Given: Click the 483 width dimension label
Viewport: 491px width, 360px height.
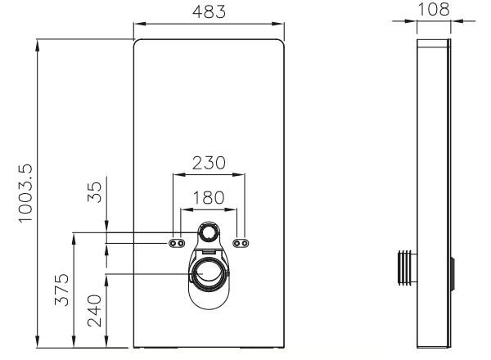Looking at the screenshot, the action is tap(209, 12).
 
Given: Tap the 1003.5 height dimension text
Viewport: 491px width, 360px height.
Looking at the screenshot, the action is tap(25, 193).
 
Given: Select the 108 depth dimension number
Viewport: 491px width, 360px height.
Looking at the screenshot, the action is tap(434, 9).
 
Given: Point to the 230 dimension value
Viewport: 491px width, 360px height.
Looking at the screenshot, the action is tap(209, 163).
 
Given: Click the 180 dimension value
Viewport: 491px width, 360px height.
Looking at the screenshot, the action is tap(209, 198).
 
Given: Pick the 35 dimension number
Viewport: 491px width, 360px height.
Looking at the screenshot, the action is tap(95, 192).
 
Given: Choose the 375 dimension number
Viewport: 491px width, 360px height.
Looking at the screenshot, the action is tap(61, 290).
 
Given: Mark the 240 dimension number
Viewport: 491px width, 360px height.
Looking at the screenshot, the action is tap(95, 311).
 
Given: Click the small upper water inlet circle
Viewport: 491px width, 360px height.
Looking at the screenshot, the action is tap(208, 232).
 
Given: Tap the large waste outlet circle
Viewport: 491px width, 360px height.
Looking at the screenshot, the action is tap(208, 274).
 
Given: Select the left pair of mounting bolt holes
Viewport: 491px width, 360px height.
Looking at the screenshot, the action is tap(177, 243).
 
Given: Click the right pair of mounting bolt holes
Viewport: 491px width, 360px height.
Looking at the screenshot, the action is tap(241, 243).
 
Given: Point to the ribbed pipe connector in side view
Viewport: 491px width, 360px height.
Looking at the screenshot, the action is tap(407, 267).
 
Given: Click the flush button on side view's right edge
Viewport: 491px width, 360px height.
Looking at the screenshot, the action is tap(453, 274).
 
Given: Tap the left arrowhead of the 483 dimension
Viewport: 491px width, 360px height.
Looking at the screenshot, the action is tap(140, 24).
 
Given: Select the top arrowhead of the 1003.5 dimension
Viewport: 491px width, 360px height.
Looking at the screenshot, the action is tap(38, 46).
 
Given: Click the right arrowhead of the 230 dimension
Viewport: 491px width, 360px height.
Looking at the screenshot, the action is tap(239, 174).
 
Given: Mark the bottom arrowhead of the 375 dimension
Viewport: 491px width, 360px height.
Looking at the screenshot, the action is tap(74, 341).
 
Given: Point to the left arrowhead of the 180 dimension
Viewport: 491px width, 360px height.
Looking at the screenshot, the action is tap(187, 209).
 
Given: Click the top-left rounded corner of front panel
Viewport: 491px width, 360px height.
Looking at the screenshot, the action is tap(136, 42).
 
